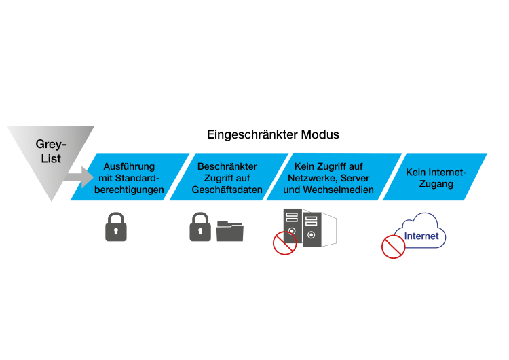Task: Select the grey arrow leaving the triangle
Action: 74,179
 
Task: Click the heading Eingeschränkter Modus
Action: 273,134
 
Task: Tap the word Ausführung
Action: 129,166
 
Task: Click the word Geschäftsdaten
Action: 227,190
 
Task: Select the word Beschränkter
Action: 227,166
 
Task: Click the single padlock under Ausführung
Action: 116,227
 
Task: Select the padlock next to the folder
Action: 200,227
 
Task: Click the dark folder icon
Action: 230,230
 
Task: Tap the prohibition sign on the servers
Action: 284,242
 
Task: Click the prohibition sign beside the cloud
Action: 393,247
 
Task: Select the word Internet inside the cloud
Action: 421,237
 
